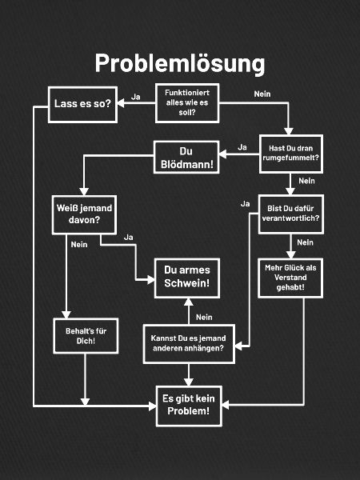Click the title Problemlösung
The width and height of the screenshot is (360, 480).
coord(180,63)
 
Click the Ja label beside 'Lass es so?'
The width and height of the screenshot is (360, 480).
coord(136,97)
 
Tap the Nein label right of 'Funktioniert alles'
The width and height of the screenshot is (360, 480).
coord(262,94)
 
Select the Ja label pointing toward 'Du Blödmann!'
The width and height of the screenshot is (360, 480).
coord(242,147)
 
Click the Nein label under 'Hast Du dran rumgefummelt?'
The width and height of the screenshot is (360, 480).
coord(306,181)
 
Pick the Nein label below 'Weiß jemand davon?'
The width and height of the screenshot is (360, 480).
coord(79,245)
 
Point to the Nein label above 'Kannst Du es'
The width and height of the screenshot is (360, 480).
coord(204,317)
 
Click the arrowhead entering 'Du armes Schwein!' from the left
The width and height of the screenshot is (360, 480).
coord(151,279)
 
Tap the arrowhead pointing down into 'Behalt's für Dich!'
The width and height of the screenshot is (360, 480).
coord(66,314)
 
